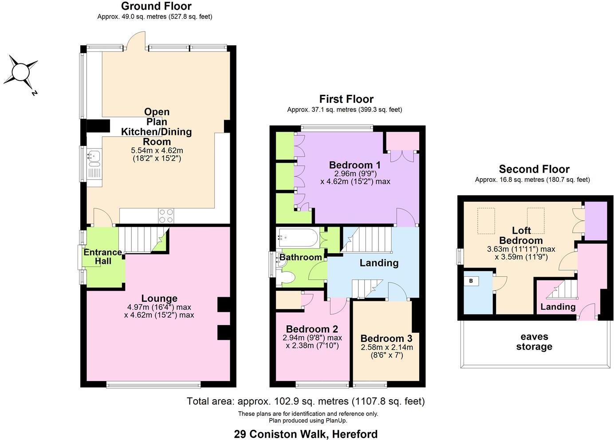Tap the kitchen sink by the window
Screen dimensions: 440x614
pyautogui.click(x=94, y=156)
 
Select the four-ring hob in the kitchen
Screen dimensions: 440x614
pyautogui.click(x=166, y=216)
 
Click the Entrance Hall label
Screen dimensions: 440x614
pyautogui.click(x=103, y=256)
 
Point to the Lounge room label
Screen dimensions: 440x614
pyautogui.click(x=159, y=299)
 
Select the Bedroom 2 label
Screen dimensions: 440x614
pyautogui.click(x=312, y=329)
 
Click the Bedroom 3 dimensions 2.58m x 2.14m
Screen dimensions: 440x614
pyautogui.click(x=386, y=347)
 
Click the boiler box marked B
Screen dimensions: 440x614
pyautogui.click(x=471, y=281)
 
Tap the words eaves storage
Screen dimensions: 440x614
pyautogui.click(x=534, y=342)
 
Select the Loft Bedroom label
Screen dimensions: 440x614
pyautogui.click(x=521, y=235)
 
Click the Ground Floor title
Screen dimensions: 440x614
pyautogui.click(x=156, y=6)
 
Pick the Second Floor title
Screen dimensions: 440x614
pyautogui.click(x=534, y=169)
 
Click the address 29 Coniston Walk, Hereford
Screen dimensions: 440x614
pyautogui.click(x=306, y=434)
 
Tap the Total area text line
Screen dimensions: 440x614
pyautogui.click(x=306, y=401)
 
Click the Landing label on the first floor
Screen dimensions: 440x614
pyautogui.click(x=379, y=263)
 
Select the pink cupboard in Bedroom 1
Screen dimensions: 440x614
pyautogui.click(x=402, y=141)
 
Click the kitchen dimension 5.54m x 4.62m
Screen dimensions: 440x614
pyautogui.click(x=157, y=150)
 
